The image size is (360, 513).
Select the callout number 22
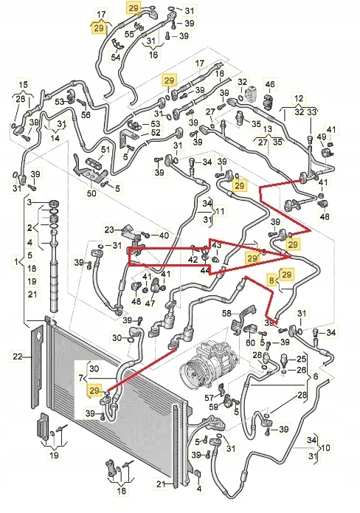click(18, 356)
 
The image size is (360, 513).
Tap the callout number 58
click(227, 313)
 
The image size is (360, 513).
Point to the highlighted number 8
click(271, 280)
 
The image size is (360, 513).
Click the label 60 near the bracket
click(250, 342)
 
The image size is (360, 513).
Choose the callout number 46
click(270, 83)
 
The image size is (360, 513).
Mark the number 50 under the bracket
click(91, 193)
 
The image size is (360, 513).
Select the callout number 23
click(110, 229)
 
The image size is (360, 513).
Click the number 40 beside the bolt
click(164, 235)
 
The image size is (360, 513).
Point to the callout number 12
click(299, 98)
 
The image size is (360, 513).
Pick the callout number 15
click(23, 84)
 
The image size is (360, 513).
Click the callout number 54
click(115, 58)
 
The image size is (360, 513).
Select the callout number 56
click(86, 114)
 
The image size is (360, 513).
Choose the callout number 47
click(150, 303)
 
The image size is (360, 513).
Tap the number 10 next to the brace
click(325, 447)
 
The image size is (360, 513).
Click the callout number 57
click(210, 398)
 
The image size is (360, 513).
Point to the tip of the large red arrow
click(291, 257)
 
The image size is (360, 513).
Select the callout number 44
click(205, 270)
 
